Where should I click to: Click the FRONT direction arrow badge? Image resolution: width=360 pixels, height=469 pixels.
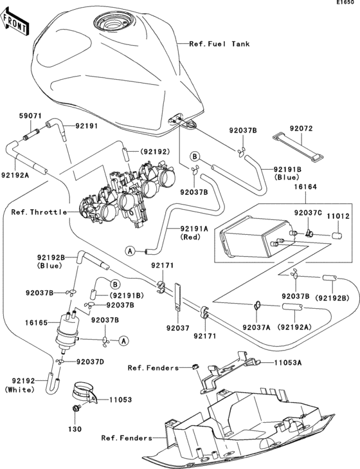click(x=17, y=24)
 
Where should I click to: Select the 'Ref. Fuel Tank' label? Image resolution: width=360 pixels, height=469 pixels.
click(x=219, y=44)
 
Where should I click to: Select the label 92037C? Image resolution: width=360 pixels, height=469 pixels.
click(x=307, y=212)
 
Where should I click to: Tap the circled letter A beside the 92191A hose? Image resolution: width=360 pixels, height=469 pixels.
click(x=130, y=251)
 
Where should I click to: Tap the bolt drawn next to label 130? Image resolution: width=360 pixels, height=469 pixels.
click(x=76, y=410)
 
